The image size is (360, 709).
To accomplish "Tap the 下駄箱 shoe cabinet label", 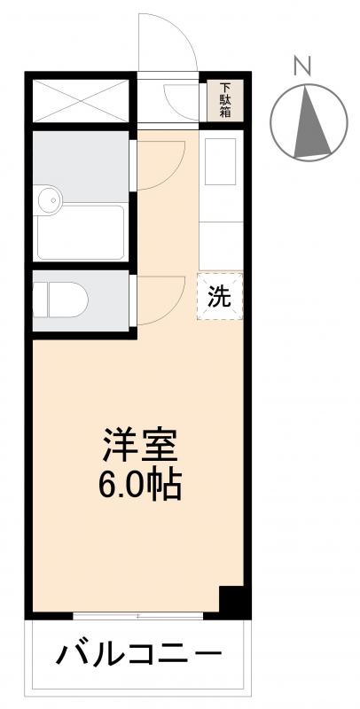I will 224,100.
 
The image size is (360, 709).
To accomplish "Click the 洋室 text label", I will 141,444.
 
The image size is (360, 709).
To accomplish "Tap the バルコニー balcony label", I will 139,657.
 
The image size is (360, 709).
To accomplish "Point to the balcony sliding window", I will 139,615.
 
